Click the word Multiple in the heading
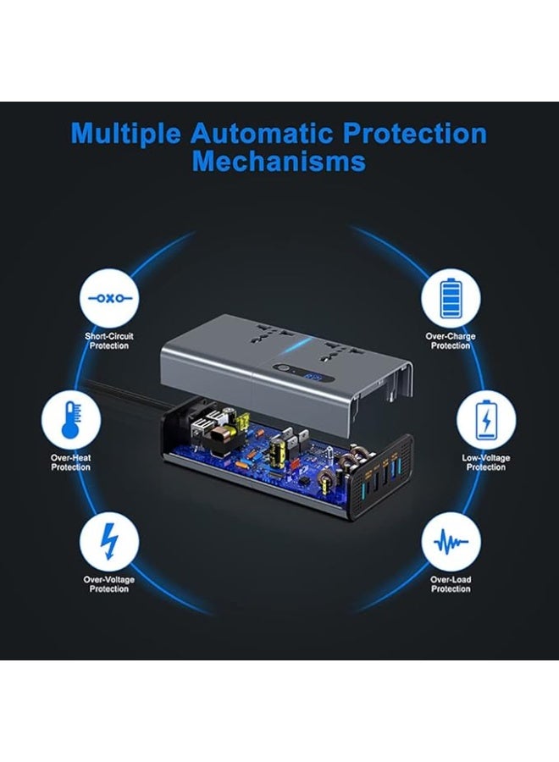click(x=125, y=133)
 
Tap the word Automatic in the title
click(x=261, y=132)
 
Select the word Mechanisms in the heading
click(x=279, y=161)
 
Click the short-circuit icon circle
click(x=109, y=298)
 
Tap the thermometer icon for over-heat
click(x=71, y=420)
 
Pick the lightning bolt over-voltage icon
click(x=109, y=542)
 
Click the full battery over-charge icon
click(x=451, y=298)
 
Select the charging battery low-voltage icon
click(x=486, y=420)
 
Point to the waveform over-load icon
click(x=451, y=542)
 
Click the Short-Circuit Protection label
click(x=109, y=340)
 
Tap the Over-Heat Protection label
click(x=71, y=462)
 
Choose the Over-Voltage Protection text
click(x=109, y=584)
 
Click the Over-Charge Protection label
click(x=451, y=340)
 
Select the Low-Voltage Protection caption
click(x=486, y=462)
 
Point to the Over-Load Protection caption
click(x=451, y=584)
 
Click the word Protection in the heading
click(x=415, y=133)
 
